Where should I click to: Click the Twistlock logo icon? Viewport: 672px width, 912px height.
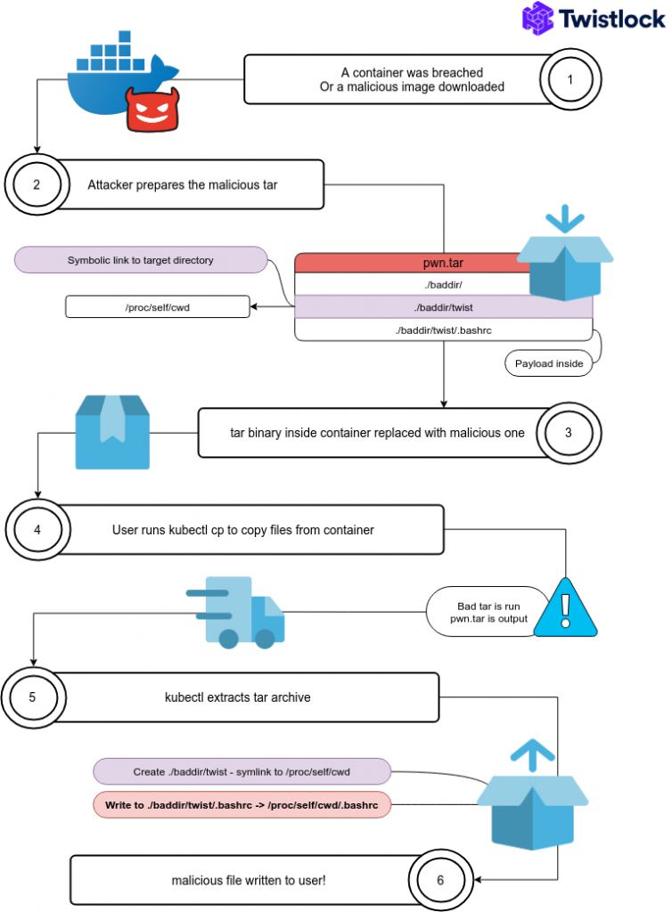click(x=537, y=19)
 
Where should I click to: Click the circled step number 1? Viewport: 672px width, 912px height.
click(x=570, y=80)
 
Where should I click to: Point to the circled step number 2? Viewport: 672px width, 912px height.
click(x=37, y=185)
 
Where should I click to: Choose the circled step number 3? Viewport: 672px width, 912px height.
click(x=569, y=432)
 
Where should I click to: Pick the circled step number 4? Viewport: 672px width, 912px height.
click(x=37, y=529)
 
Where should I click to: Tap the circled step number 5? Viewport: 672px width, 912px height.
click(x=33, y=697)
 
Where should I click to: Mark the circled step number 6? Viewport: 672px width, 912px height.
click(x=438, y=880)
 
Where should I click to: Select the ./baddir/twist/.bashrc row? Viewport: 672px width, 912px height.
click(x=443, y=330)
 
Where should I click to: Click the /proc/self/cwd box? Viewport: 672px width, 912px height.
click(x=157, y=307)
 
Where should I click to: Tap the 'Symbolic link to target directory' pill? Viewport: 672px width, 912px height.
click(x=141, y=260)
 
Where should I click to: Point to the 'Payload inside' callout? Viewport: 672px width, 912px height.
click(x=549, y=363)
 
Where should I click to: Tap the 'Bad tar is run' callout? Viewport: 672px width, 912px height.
click(x=488, y=611)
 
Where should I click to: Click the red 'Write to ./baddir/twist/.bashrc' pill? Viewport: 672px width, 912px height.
click(x=241, y=805)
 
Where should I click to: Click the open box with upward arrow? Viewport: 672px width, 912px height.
click(x=531, y=797)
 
